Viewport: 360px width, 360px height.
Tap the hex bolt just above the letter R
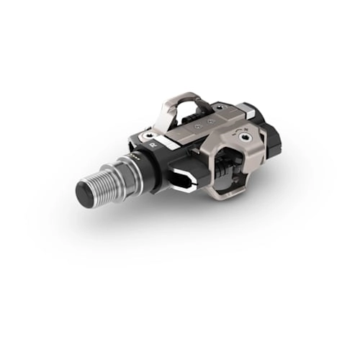[148, 135]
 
